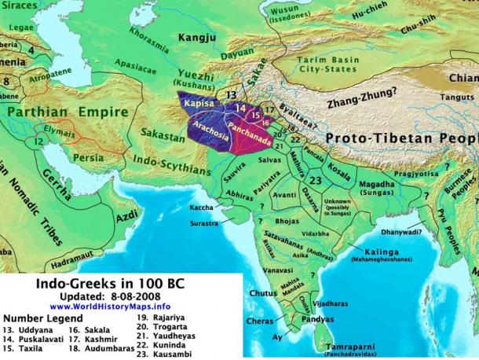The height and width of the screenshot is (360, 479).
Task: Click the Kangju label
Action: click(197, 36)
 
